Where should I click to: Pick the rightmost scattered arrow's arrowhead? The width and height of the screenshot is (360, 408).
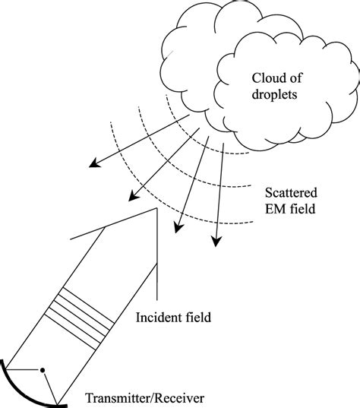point(216,242)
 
